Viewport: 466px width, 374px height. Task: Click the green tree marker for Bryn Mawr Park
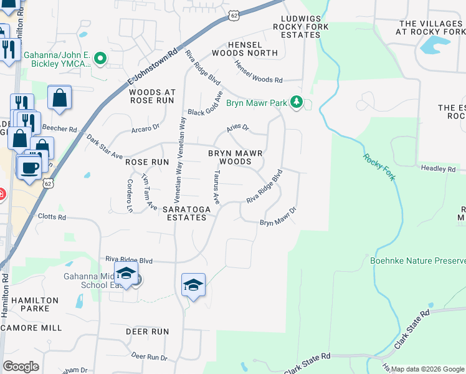point(297,102)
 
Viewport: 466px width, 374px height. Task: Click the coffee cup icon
point(29,167)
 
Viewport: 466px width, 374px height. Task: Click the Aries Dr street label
point(237,128)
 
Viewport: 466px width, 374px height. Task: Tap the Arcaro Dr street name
point(146,127)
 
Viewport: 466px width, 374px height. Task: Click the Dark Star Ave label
point(105,146)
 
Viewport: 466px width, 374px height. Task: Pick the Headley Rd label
point(439,168)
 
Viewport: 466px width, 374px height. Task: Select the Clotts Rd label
point(52,218)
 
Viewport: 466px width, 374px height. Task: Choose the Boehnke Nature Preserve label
point(417,261)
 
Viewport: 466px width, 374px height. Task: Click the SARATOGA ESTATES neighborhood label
point(184,213)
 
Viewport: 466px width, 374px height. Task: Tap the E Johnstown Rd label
point(153,65)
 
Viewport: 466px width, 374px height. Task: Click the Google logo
point(21,367)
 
